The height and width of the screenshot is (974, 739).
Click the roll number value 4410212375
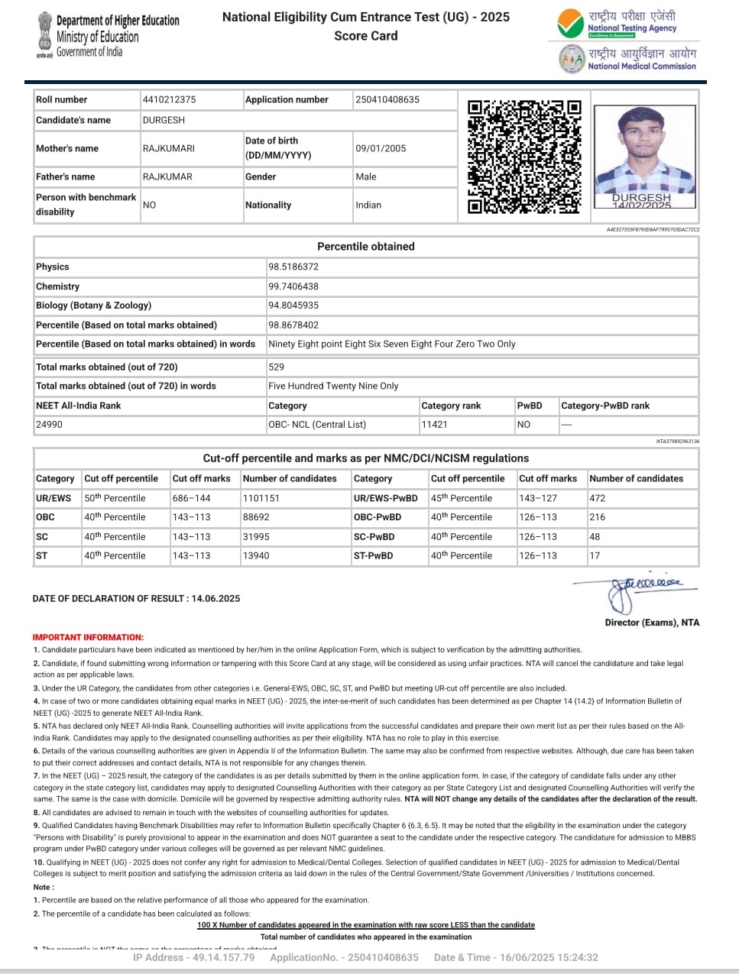coord(169,99)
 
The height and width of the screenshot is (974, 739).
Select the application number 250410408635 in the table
coord(387,99)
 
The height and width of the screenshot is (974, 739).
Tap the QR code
coord(524,157)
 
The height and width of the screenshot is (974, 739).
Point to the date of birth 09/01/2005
coord(381,148)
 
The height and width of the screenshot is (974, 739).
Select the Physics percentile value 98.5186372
coord(293,267)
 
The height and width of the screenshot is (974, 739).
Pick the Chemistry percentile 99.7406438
coord(293,286)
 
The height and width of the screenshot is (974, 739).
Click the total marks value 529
coord(277,367)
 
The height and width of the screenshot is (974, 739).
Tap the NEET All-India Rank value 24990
coord(50,424)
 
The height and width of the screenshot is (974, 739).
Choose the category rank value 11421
coord(435,424)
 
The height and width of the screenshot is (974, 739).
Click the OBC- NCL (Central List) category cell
coord(317,424)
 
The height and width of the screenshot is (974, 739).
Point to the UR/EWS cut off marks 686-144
coord(192,498)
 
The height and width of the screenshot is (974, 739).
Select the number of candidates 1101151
coord(261,498)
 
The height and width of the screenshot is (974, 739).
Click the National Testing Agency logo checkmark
coord(570,24)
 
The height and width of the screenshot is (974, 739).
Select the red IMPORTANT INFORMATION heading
coord(88,637)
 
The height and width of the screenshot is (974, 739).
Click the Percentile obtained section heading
coord(365,246)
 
